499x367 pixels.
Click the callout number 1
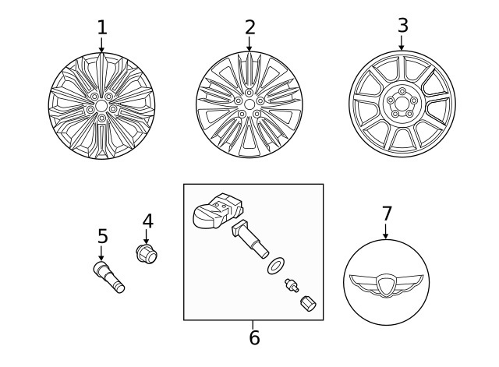click(x=101, y=28)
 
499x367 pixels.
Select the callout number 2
click(x=249, y=27)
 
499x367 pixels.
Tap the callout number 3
click(x=402, y=25)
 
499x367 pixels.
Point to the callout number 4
click(x=147, y=221)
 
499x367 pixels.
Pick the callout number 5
click(x=102, y=235)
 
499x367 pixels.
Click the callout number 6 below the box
click(x=253, y=338)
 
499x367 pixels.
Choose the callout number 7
click(x=387, y=213)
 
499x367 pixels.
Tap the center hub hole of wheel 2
click(x=249, y=103)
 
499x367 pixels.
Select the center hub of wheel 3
click(x=402, y=102)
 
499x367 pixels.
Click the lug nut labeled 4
click(x=147, y=253)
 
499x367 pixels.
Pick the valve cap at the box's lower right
click(x=308, y=304)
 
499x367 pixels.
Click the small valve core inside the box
click(x=292, y=285)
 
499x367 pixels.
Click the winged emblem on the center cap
click(x=385, y=285)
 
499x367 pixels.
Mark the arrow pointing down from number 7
click(x=386, y=231)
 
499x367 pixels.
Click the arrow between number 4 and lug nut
click(x=147, y=236)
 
